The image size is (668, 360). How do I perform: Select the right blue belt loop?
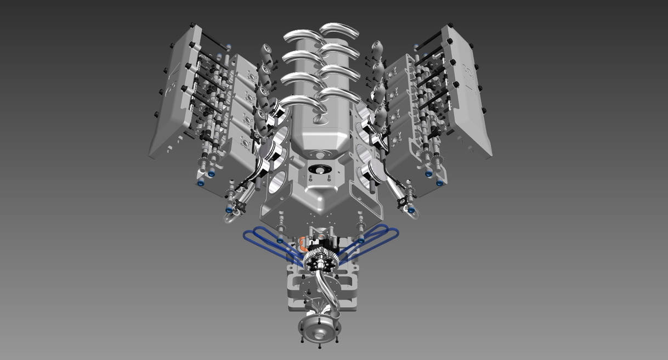click(x=378, y=239)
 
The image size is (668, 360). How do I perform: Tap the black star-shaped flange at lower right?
click(x=406, y=203)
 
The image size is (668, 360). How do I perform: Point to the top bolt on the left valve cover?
click(x=190, y=25)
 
